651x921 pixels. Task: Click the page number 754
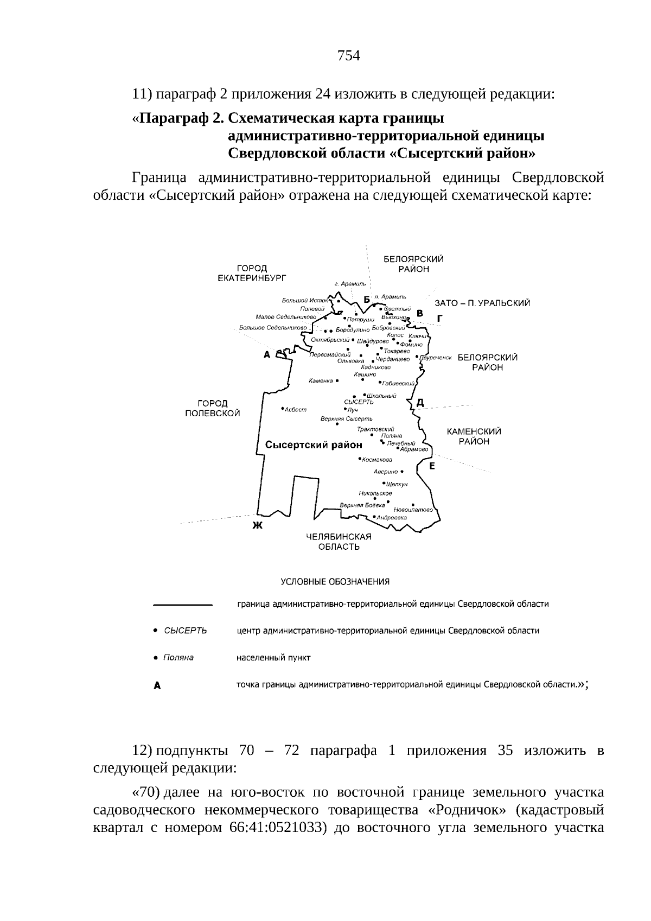[349, 55]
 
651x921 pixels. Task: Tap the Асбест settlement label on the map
[296, 409]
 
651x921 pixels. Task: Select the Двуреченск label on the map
[436, 358]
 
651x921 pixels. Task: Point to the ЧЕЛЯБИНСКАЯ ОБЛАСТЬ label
[339, 542]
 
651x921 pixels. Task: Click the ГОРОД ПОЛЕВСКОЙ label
[212, 408]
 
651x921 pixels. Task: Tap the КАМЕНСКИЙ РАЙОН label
[474, 436]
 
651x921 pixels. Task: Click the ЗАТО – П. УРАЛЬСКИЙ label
[482, 303]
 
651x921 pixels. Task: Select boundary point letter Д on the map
[420, 402]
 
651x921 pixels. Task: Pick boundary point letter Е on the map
[432, 466]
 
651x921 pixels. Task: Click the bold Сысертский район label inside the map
[314, 445]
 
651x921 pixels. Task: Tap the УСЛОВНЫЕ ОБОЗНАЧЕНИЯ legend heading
[335, 582]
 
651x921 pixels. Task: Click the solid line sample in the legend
[182, 604]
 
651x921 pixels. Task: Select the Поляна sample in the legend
[178, 658]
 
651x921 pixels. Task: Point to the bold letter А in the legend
[157, 685]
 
